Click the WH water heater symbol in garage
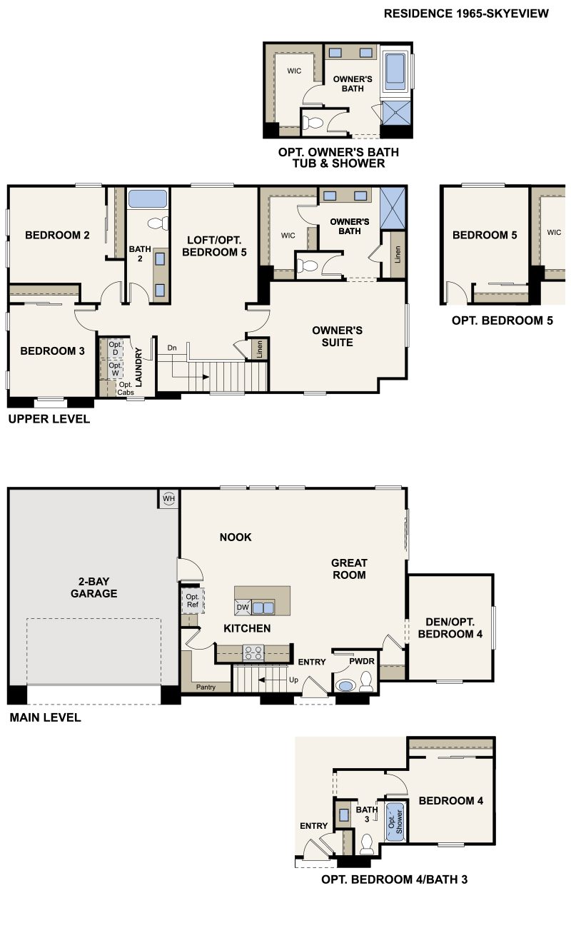point(169,498)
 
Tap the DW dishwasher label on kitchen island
point(242,607)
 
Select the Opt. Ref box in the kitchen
point(193,600)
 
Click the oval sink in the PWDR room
point(345,686)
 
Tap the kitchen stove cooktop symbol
point(253,651)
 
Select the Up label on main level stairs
point(293,680)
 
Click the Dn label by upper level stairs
point(172,348)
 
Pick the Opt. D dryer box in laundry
point(114,348)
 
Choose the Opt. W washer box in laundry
point(114,369)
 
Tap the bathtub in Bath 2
point(148,198)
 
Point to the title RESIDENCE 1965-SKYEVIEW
point(466,14)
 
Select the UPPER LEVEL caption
point(49,419)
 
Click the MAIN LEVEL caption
point(45,717)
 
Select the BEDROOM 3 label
point(48,351)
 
